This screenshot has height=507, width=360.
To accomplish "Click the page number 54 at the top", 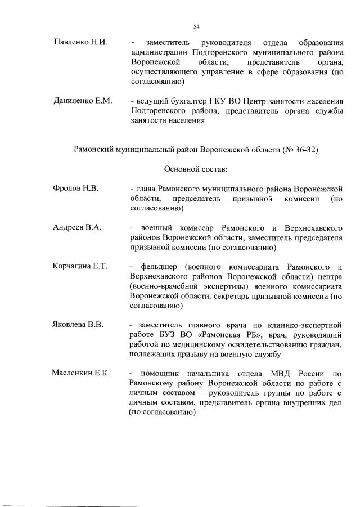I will click(196, 26).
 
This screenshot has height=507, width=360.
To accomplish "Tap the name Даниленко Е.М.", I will click(83, 101).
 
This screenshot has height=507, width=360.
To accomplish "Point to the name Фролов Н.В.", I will click(76, 189).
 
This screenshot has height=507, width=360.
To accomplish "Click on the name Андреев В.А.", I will click(77, 227).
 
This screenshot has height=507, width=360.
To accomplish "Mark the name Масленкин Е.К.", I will click(80, 373).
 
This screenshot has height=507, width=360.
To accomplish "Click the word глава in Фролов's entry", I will click(145, 189).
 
